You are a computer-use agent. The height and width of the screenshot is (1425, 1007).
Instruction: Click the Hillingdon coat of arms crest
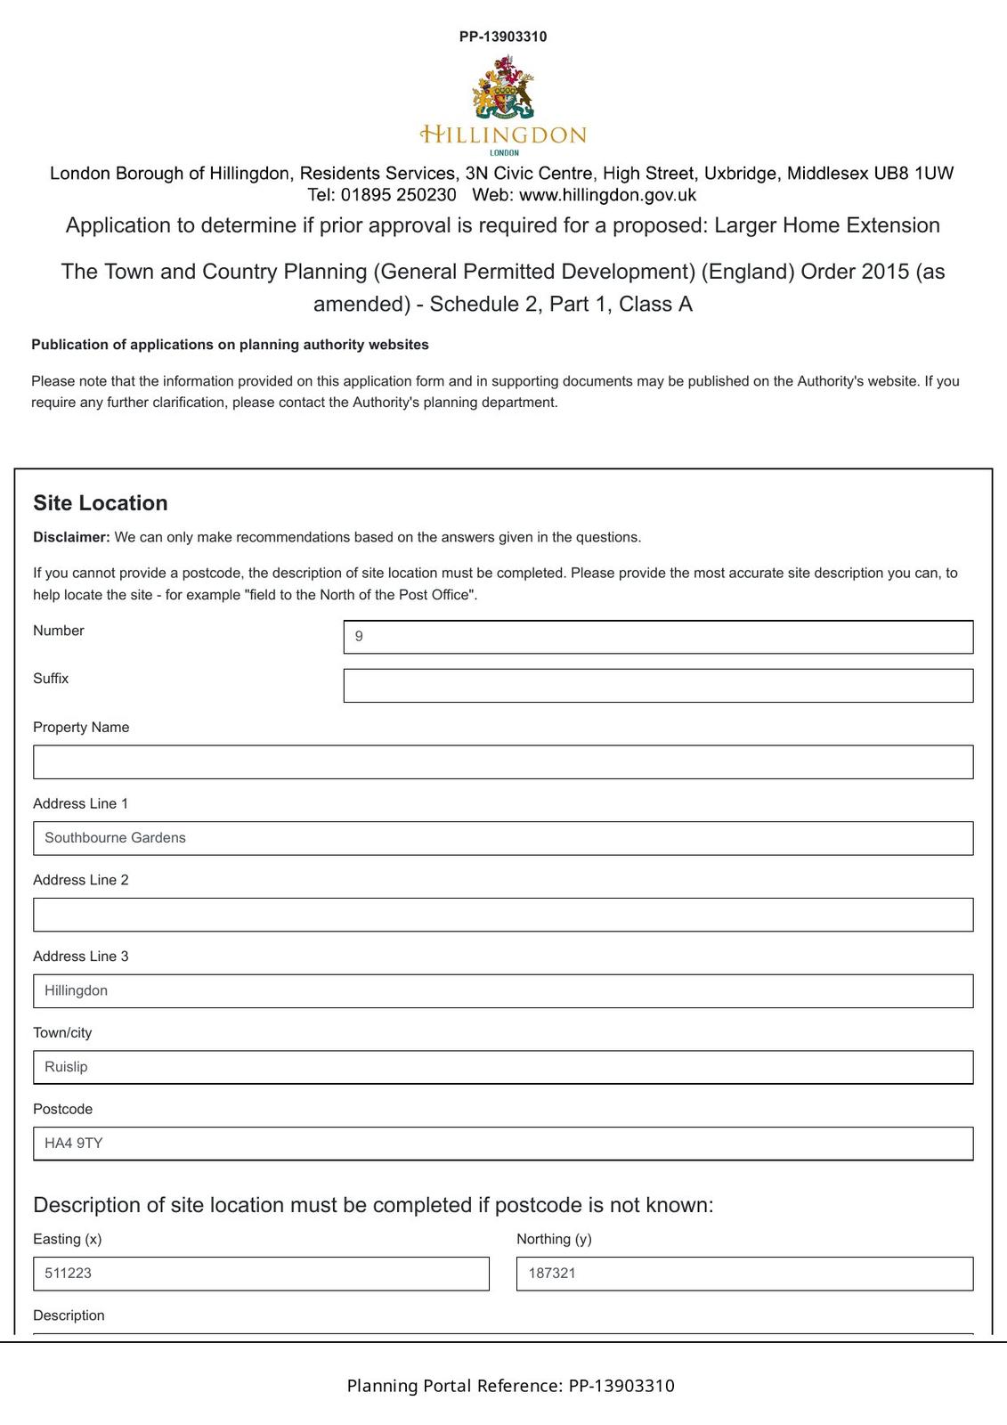(504, 88)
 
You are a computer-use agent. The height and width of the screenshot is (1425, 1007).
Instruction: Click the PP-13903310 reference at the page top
(503, 37)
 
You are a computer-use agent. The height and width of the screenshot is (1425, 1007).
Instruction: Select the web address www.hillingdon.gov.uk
(607, 195)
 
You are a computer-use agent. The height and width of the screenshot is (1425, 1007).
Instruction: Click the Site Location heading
(101, 503)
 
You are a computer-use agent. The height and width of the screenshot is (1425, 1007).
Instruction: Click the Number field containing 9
(658, 637)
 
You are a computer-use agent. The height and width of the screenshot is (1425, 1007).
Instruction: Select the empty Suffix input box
(658, 686)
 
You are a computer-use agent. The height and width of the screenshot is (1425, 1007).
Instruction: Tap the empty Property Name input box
(503, 762)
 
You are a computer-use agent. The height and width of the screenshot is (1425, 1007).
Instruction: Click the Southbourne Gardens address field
(503, 838)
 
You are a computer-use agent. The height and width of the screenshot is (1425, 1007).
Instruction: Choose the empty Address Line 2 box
(503, 915)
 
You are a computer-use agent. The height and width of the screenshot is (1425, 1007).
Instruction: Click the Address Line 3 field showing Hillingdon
(503, 991)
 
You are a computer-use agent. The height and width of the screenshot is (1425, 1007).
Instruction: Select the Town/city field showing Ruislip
(503, 1067)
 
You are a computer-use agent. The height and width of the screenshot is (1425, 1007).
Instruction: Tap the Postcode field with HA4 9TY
(503, 1144)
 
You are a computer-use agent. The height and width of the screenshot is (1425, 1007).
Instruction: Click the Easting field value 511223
(261, 1274)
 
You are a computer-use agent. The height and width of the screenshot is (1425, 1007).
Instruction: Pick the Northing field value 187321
(744, 1274)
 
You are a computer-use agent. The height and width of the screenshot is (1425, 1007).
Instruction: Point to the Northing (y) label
(554, 1239)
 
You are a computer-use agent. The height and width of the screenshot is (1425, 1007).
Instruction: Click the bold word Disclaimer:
(71, 537)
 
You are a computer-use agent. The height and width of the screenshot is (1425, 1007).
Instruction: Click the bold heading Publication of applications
(230, 345)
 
